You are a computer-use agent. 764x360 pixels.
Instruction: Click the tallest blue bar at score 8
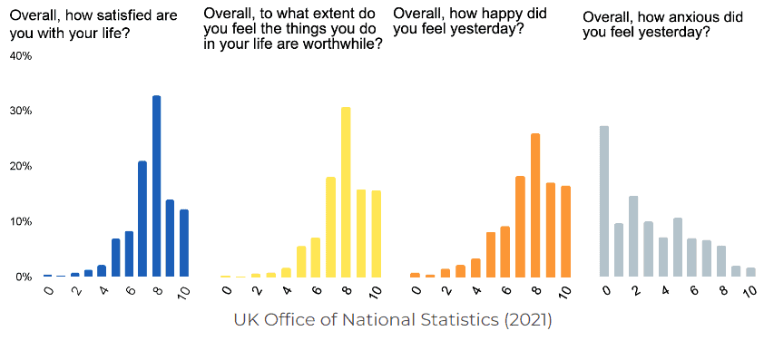click(156, 186)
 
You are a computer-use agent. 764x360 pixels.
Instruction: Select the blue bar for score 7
click(142, 219)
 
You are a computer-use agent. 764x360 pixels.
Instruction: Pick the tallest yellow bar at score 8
click(345, 191)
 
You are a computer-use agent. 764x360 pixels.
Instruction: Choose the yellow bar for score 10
click(376, 233)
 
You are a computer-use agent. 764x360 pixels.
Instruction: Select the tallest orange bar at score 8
click(534, 205)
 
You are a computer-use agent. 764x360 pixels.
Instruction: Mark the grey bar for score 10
click(750, 272)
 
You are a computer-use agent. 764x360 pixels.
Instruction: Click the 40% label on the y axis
click(20, 56)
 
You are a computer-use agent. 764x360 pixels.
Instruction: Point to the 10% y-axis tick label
click(20, 221)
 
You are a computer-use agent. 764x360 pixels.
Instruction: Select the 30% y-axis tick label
click(20, 111)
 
